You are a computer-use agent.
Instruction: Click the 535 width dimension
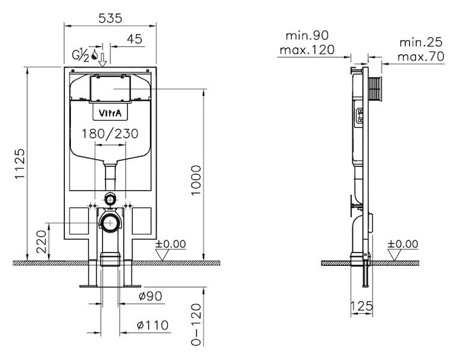point(110,19)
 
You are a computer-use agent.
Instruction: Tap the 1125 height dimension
point(20,164)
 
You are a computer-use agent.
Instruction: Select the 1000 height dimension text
point(196,181)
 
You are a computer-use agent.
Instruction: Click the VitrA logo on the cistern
point(110,113)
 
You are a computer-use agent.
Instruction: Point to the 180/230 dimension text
point(110,134)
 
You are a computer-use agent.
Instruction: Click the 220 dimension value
point(41,241)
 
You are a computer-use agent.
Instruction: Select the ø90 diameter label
point(151,296)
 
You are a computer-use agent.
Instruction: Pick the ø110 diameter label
point(153,325)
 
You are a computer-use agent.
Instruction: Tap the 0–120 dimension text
point(196,325)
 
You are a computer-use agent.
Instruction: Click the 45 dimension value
point(134,39)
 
